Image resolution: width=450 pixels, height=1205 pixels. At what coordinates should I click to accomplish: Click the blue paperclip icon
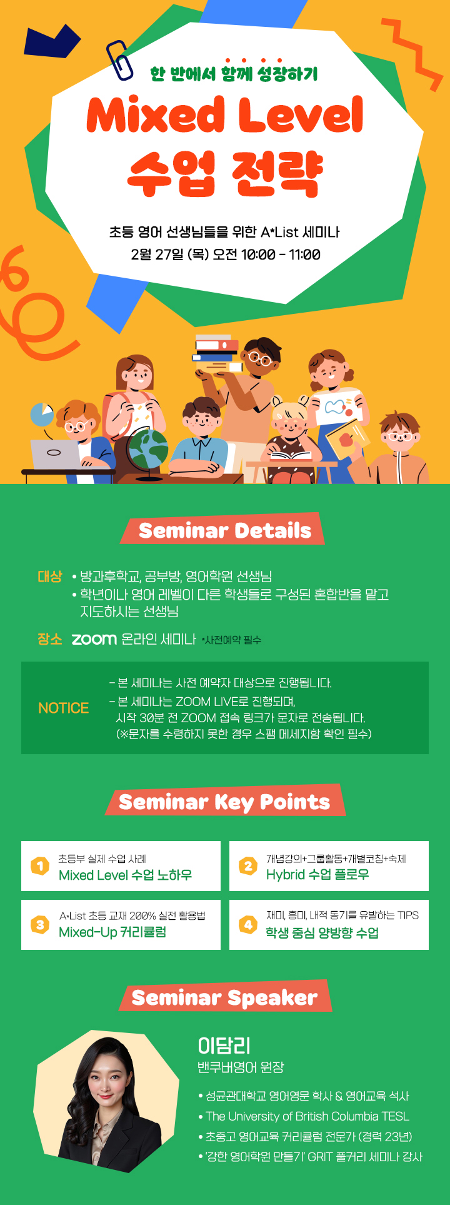119,60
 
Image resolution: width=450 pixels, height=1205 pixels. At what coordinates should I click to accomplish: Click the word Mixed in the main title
156,114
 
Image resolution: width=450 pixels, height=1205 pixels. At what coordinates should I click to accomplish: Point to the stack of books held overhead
217,353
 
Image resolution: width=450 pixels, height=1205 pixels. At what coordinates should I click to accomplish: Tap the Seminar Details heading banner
223,530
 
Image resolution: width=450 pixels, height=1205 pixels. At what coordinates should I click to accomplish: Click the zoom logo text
94,639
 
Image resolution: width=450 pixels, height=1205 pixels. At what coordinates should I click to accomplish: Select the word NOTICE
64,708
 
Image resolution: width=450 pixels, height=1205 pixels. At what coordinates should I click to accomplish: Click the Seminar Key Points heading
225,801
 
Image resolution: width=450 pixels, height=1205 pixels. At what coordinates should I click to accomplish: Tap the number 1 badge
40,866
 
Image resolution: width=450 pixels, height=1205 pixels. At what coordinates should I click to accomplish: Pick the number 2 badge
248,866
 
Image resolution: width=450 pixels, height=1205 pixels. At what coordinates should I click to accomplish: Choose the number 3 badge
40,925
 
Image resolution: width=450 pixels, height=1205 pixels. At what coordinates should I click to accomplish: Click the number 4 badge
248,925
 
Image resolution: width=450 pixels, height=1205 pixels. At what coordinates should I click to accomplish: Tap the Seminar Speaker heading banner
225,997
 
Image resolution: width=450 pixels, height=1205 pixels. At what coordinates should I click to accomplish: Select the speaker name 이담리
224,1046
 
